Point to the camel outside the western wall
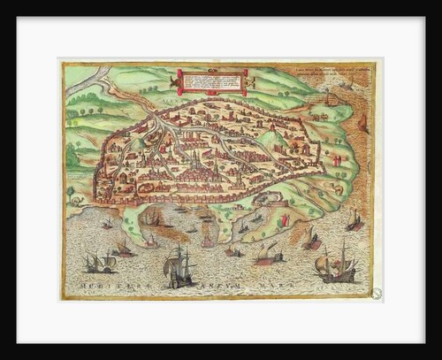pos(77,202)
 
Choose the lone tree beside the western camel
pos(70,191)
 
